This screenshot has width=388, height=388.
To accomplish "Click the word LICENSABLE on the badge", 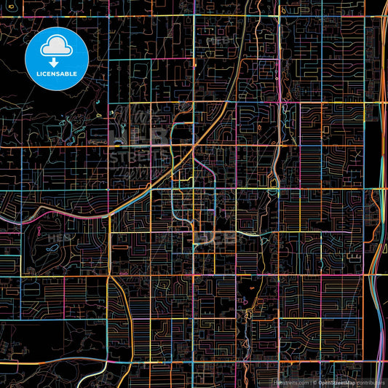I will point(56,73).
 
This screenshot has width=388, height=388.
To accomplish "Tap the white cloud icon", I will point(56,47).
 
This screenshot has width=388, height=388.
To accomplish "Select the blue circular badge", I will point(56,58).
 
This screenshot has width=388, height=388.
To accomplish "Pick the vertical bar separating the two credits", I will point(312,382).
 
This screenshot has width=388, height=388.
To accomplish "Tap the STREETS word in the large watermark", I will point(138,157).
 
